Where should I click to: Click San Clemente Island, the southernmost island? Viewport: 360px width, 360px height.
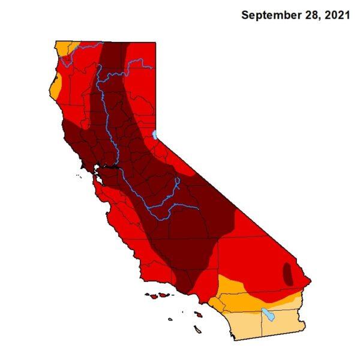point(197,328)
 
